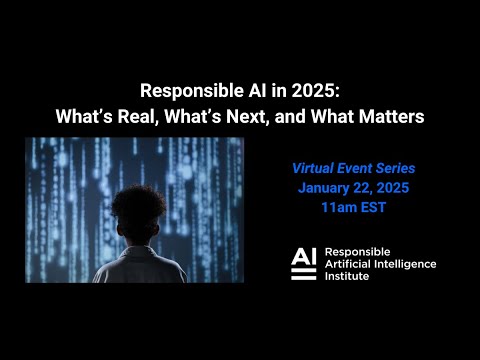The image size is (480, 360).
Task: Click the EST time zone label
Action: (x=374, y=208)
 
